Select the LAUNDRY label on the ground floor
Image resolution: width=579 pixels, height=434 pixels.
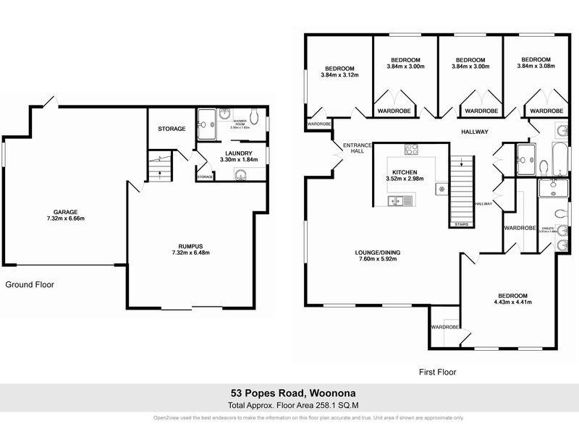tap(238, 153)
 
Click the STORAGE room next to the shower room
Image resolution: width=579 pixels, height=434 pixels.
tap(172, 129)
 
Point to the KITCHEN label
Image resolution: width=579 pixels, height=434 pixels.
tap(405, 171)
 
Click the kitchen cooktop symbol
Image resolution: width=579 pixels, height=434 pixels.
tap(412, 150)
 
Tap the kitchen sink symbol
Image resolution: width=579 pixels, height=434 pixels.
tap(394, 200)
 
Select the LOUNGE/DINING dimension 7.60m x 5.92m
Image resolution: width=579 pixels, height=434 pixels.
tap(377, 260)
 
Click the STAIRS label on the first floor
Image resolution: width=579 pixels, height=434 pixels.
tap(461, 224)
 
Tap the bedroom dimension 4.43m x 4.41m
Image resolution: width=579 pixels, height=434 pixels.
tap(512, 302)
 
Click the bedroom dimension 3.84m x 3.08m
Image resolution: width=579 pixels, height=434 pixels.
tap(536, 67)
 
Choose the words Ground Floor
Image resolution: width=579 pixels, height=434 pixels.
tap(30, 284)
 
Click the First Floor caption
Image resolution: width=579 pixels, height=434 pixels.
tap(438, 372)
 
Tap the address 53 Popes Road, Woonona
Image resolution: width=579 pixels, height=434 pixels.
tap(289, 393)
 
